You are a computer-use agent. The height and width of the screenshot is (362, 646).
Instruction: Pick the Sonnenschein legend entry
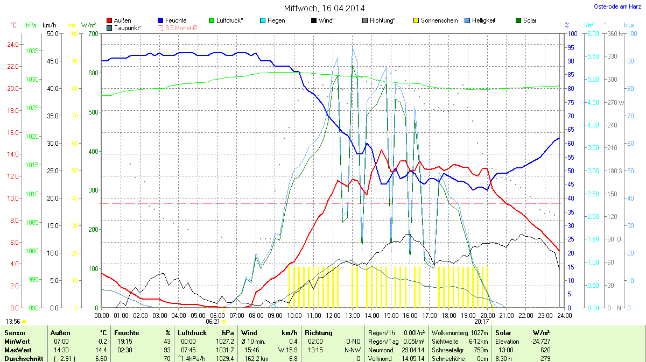point(439,20)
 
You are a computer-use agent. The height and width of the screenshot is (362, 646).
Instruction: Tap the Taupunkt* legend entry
point(128,27)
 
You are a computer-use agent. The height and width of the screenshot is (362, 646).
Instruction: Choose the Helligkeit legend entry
point(483,20)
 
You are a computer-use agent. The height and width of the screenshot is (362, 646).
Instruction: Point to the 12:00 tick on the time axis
point(333,315)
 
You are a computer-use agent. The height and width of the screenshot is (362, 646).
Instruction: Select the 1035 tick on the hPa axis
point(32,51)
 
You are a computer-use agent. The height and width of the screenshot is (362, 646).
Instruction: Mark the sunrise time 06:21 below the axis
point(213,322)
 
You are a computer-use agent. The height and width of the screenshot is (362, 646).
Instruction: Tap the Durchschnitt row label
point(24,359)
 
